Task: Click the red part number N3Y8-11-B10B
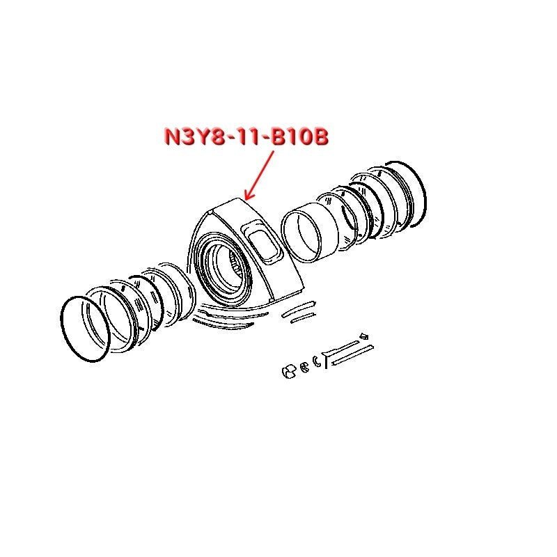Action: (x=246, y=136)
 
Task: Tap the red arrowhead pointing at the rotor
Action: (x=249, y=194)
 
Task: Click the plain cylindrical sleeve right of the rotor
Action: (x=309, y=233)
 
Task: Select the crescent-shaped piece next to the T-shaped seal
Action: (x=315, y=361)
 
